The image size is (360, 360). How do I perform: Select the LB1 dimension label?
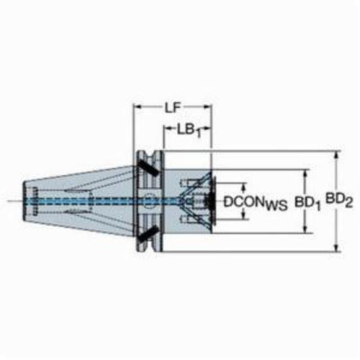(189, 131)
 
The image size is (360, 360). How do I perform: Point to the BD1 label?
(307, 204)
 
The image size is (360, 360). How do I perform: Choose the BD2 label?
(339, 200)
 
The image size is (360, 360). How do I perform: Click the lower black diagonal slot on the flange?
(148, 233)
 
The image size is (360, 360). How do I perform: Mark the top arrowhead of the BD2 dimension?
(337, 155)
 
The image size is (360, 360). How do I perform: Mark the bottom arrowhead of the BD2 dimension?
(337, 248)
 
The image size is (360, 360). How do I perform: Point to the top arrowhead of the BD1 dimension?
(305, 174)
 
